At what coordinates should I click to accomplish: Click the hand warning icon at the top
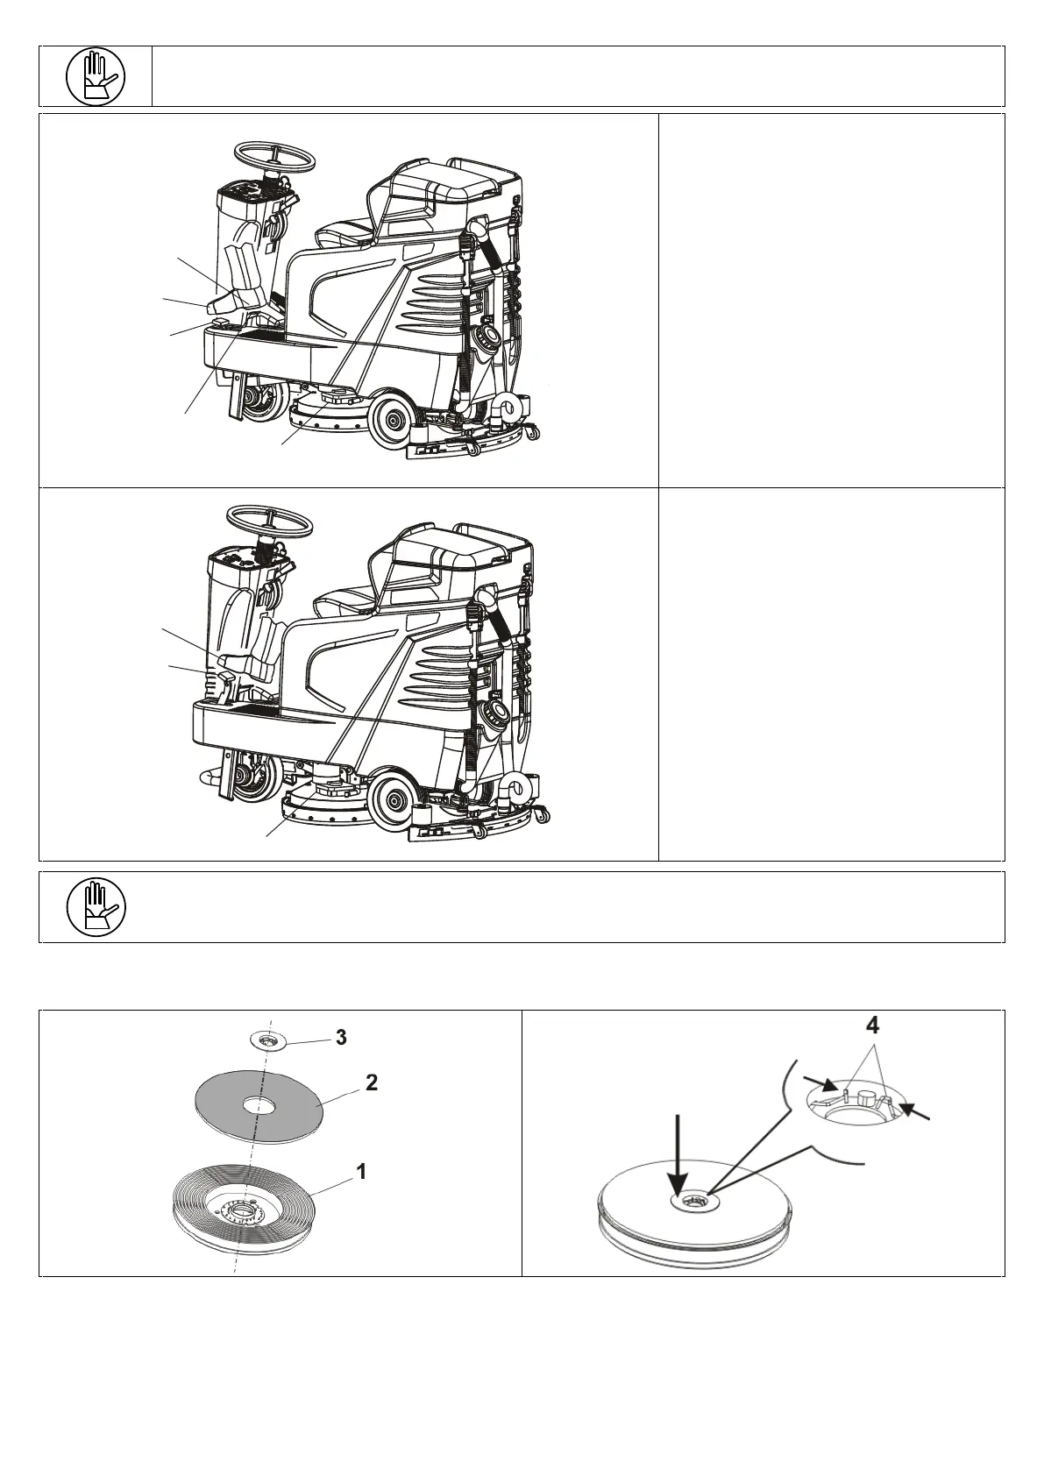(x=96, y=76)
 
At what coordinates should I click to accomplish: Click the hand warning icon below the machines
(x=96, y=907)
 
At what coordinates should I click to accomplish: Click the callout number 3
(x=341, y=1037)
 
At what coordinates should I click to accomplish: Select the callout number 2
(x=372, y=1082)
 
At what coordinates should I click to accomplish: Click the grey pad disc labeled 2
(x=258, y=1106)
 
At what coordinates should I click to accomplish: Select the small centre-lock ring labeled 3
(x=266, y=1040)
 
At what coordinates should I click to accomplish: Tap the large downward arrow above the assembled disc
(x=680, y=1147)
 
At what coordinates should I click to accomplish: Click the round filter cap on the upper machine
(x=484, y=337)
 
